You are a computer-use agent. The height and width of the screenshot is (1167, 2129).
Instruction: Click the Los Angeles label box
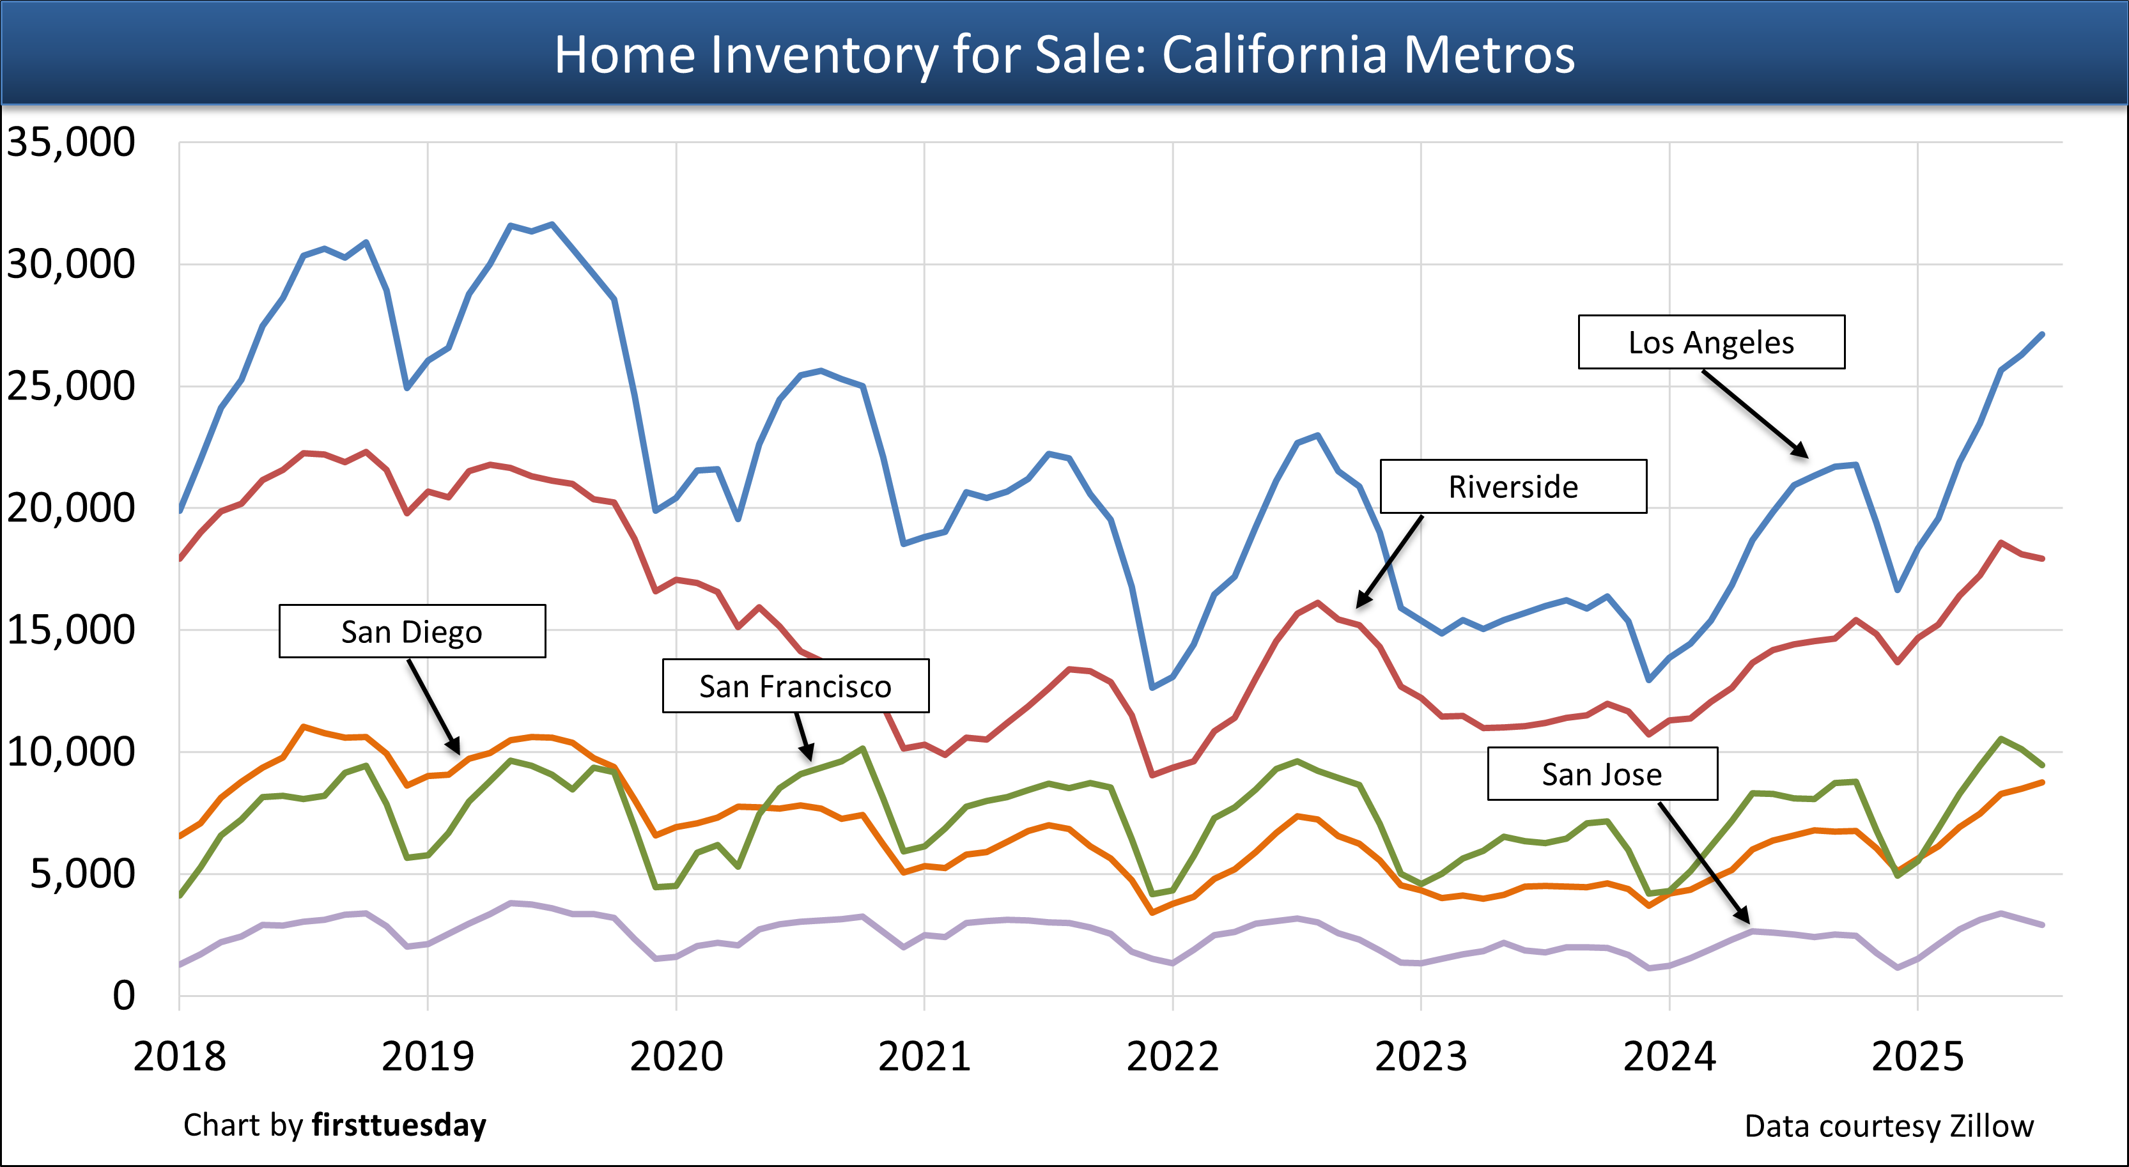[1711, 342]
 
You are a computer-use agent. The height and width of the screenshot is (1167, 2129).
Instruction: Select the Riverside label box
[1514, 487]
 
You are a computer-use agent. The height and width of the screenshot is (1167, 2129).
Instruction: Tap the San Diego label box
[412, 631]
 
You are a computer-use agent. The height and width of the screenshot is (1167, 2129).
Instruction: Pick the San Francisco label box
[795, 686]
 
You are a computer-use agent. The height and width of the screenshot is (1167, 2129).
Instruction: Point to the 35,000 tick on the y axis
[70, 142]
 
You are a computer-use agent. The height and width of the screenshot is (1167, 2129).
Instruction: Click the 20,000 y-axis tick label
[70, 508]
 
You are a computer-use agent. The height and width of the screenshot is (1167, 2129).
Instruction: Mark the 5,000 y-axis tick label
[82, 874]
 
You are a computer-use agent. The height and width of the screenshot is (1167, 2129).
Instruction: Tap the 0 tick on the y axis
[124, 996]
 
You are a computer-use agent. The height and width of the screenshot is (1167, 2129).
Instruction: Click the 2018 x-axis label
[180, 1057]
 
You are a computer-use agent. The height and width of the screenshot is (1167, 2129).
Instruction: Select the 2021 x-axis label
[924, 1057]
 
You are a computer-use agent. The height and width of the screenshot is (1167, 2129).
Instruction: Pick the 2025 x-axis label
[1917, 1057]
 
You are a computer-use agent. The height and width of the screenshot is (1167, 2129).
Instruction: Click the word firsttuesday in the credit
[399, 1125]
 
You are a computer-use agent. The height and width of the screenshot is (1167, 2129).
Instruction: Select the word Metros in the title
[1489, 56]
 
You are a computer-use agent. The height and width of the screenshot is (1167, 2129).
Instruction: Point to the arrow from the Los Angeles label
[1754, 413]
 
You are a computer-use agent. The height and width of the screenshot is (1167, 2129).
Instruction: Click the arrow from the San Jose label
[1703, 862]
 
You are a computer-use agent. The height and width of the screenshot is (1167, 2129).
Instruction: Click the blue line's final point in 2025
[2042, 334]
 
